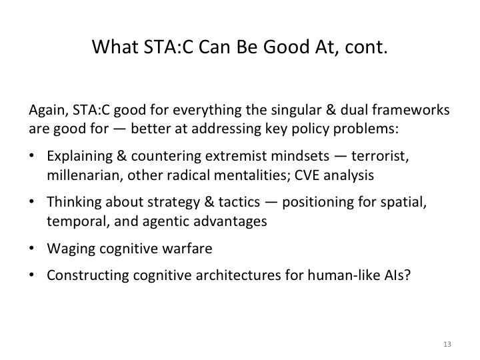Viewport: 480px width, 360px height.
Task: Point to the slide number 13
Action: pyautogui.click(x=446, y=344)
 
